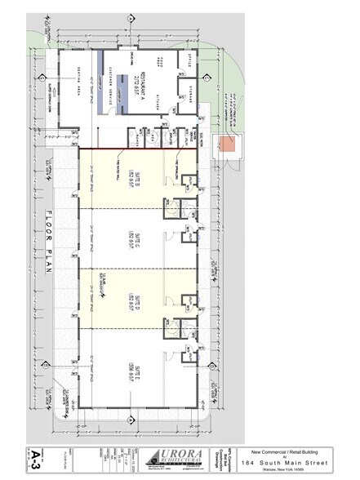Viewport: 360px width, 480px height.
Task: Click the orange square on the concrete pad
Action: [x=229, y=144]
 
